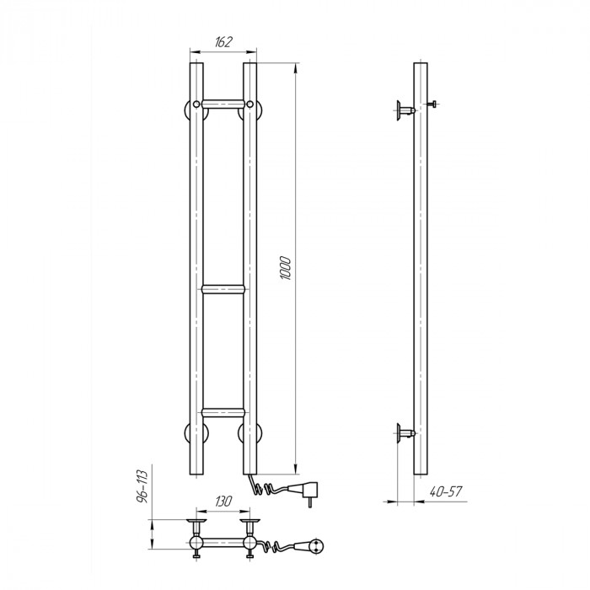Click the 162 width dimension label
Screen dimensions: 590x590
pos(223,42)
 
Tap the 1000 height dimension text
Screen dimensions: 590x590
pos(286,268)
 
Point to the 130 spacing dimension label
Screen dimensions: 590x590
pos(223,501)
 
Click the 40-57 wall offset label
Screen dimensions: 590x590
pos(446,491)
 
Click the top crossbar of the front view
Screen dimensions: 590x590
pos(223,104)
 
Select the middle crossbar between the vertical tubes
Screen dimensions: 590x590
pos(223,289)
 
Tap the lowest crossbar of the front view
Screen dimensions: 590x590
pos(223,412)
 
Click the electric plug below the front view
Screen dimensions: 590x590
pos(304,491)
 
